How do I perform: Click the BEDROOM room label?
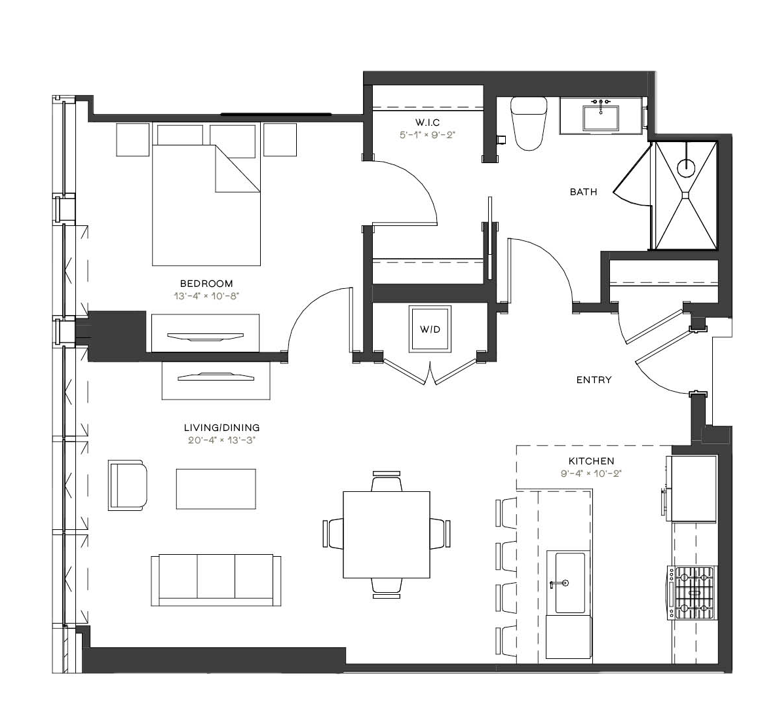click(x=206, y=284)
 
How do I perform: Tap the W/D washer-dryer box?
click(x=430, y=329)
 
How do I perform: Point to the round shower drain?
click(x=686, y=168)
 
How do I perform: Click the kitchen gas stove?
click(x=693, y=593)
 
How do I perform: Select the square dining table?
click(x=387, y=534)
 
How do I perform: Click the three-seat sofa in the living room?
click(x=216, y=580)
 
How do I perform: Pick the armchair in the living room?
click(x=128, y=485)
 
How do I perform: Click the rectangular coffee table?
click(x=216, y=489)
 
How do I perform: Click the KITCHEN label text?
click(x=591, y=461)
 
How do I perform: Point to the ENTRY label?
click(x=594, y=380)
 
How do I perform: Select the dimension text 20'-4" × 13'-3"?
click(x=221, y=440)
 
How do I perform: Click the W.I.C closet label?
click(x=427, y=122)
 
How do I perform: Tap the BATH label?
click(x=583, y=192)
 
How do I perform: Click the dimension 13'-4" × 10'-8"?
click(x=206, y=296)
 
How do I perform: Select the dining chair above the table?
click(x=387, y=481)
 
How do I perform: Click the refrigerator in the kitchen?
click(x=694, y=489)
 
